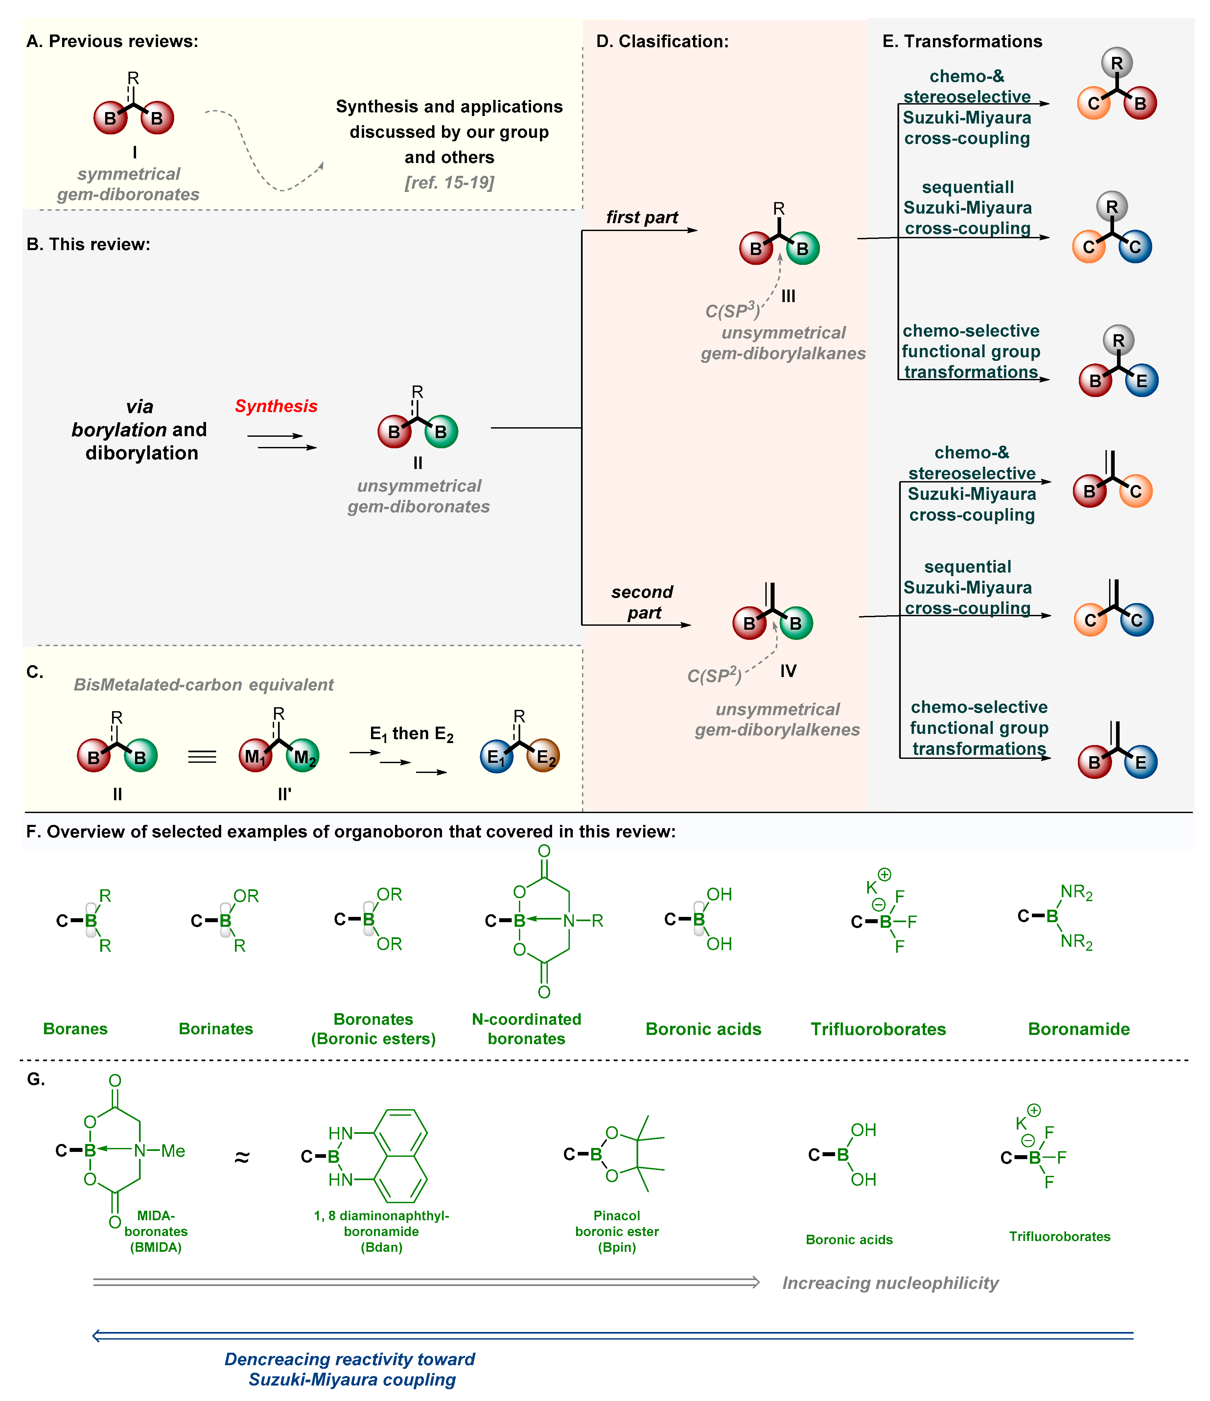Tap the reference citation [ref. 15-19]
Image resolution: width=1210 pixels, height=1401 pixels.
[x=450, y=183]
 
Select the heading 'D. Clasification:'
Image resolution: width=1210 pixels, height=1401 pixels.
[x=662, y=41]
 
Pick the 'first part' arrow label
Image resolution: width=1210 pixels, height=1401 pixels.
[x=641, y=217]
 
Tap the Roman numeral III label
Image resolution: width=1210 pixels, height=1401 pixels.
[x=788, y=296]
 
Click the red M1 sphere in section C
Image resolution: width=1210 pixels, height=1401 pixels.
[x=255, y=756]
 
